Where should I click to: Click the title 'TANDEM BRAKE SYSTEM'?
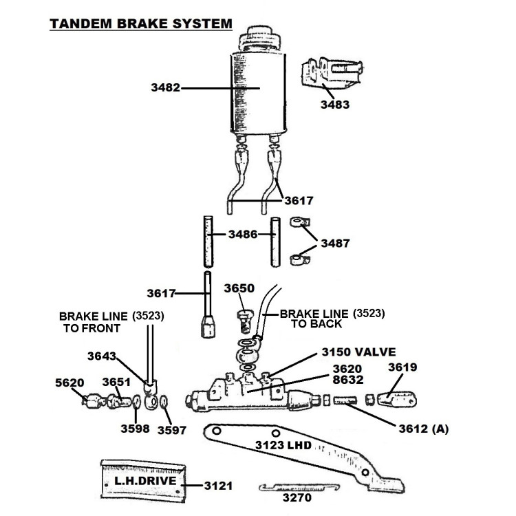pyautogui.click(x=141, y=24)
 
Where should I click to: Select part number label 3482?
pyautogui.click(x=166, y=88)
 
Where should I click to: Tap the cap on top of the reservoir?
pyautogui.click(x=260, y=38)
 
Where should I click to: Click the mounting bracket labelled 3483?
pyautogui.click(x=332, y=74)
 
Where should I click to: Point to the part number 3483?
pyautogui.click(x=335, y=105)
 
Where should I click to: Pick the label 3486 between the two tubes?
pyautogui.click(x=243, y=235)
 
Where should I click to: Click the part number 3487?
pyautogui.click(x=335, y=244)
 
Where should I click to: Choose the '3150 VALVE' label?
pyautogui.click(x=358, y=352)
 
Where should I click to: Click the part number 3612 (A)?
pyautogui.click(x=424, y=429)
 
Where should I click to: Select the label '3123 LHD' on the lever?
pyautogui.click(x=283, y=445)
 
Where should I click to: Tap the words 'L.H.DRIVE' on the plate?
pyautogui.click(x=145, y=481)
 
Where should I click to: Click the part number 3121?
pyautogui.click(x=218, y=486)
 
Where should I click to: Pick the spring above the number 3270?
pyautogui.click(x=299, y=488)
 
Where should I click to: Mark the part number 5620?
pyautogui.click(x=69, y=383)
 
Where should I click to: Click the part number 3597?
pyautogui.click(x=172, y=430)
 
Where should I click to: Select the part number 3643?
pyautogui.click(x=102, y=356)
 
